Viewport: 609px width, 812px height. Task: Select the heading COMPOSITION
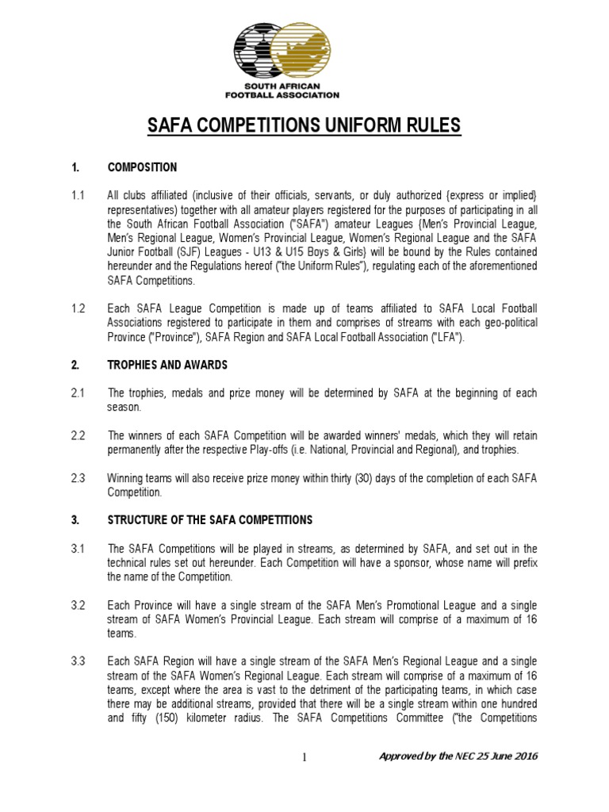point(142,168)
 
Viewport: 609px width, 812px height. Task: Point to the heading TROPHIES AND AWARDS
point(167,365)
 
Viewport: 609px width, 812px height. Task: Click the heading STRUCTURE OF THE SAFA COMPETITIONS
point(210,520)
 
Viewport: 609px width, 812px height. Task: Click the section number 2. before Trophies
point(75,365)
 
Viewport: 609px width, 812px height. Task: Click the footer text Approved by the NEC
point(459,756)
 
